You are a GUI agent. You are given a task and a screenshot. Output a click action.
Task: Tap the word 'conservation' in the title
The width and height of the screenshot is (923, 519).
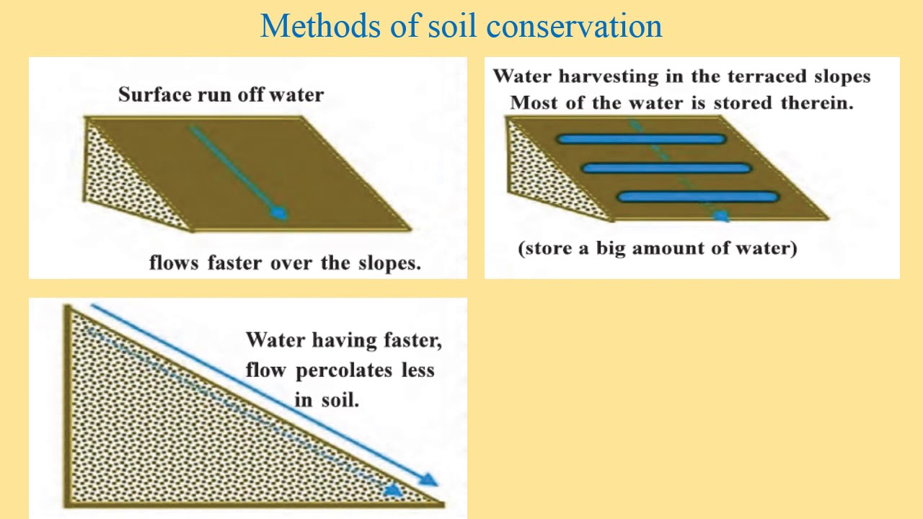pos(574,27)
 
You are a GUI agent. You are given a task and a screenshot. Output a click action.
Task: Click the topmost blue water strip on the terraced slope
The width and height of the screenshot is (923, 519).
pos(640,140)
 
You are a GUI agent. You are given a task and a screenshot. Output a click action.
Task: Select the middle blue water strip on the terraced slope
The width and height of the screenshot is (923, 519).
pos(666,169)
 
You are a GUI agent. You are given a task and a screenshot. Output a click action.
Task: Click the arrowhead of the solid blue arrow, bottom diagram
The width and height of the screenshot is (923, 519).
pos(430,479)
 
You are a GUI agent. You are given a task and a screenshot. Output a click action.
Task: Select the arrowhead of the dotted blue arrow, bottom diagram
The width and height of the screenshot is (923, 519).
pos(394,490)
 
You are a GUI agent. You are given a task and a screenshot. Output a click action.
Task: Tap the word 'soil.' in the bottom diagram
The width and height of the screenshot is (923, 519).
pos(340,400)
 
